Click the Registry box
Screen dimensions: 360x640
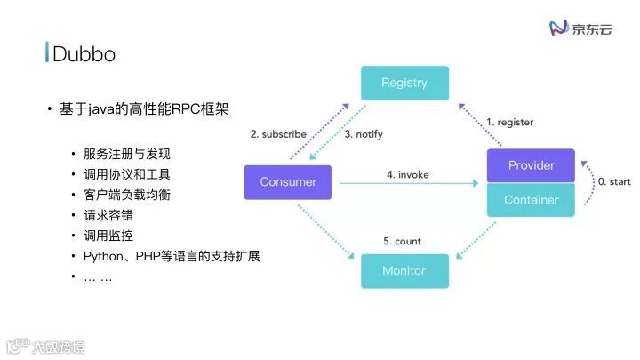404,83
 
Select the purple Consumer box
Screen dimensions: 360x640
287,182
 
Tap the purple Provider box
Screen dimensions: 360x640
531,165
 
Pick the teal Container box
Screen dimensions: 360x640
531,200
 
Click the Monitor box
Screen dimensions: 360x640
404,270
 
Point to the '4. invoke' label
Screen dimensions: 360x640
407,175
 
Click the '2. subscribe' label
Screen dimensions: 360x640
278,134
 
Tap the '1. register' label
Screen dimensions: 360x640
509,121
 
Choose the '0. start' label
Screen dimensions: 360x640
613,182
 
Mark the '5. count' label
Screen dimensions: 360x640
402,241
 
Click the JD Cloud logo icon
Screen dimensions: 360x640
559,28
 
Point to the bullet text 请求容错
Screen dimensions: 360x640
108,215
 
